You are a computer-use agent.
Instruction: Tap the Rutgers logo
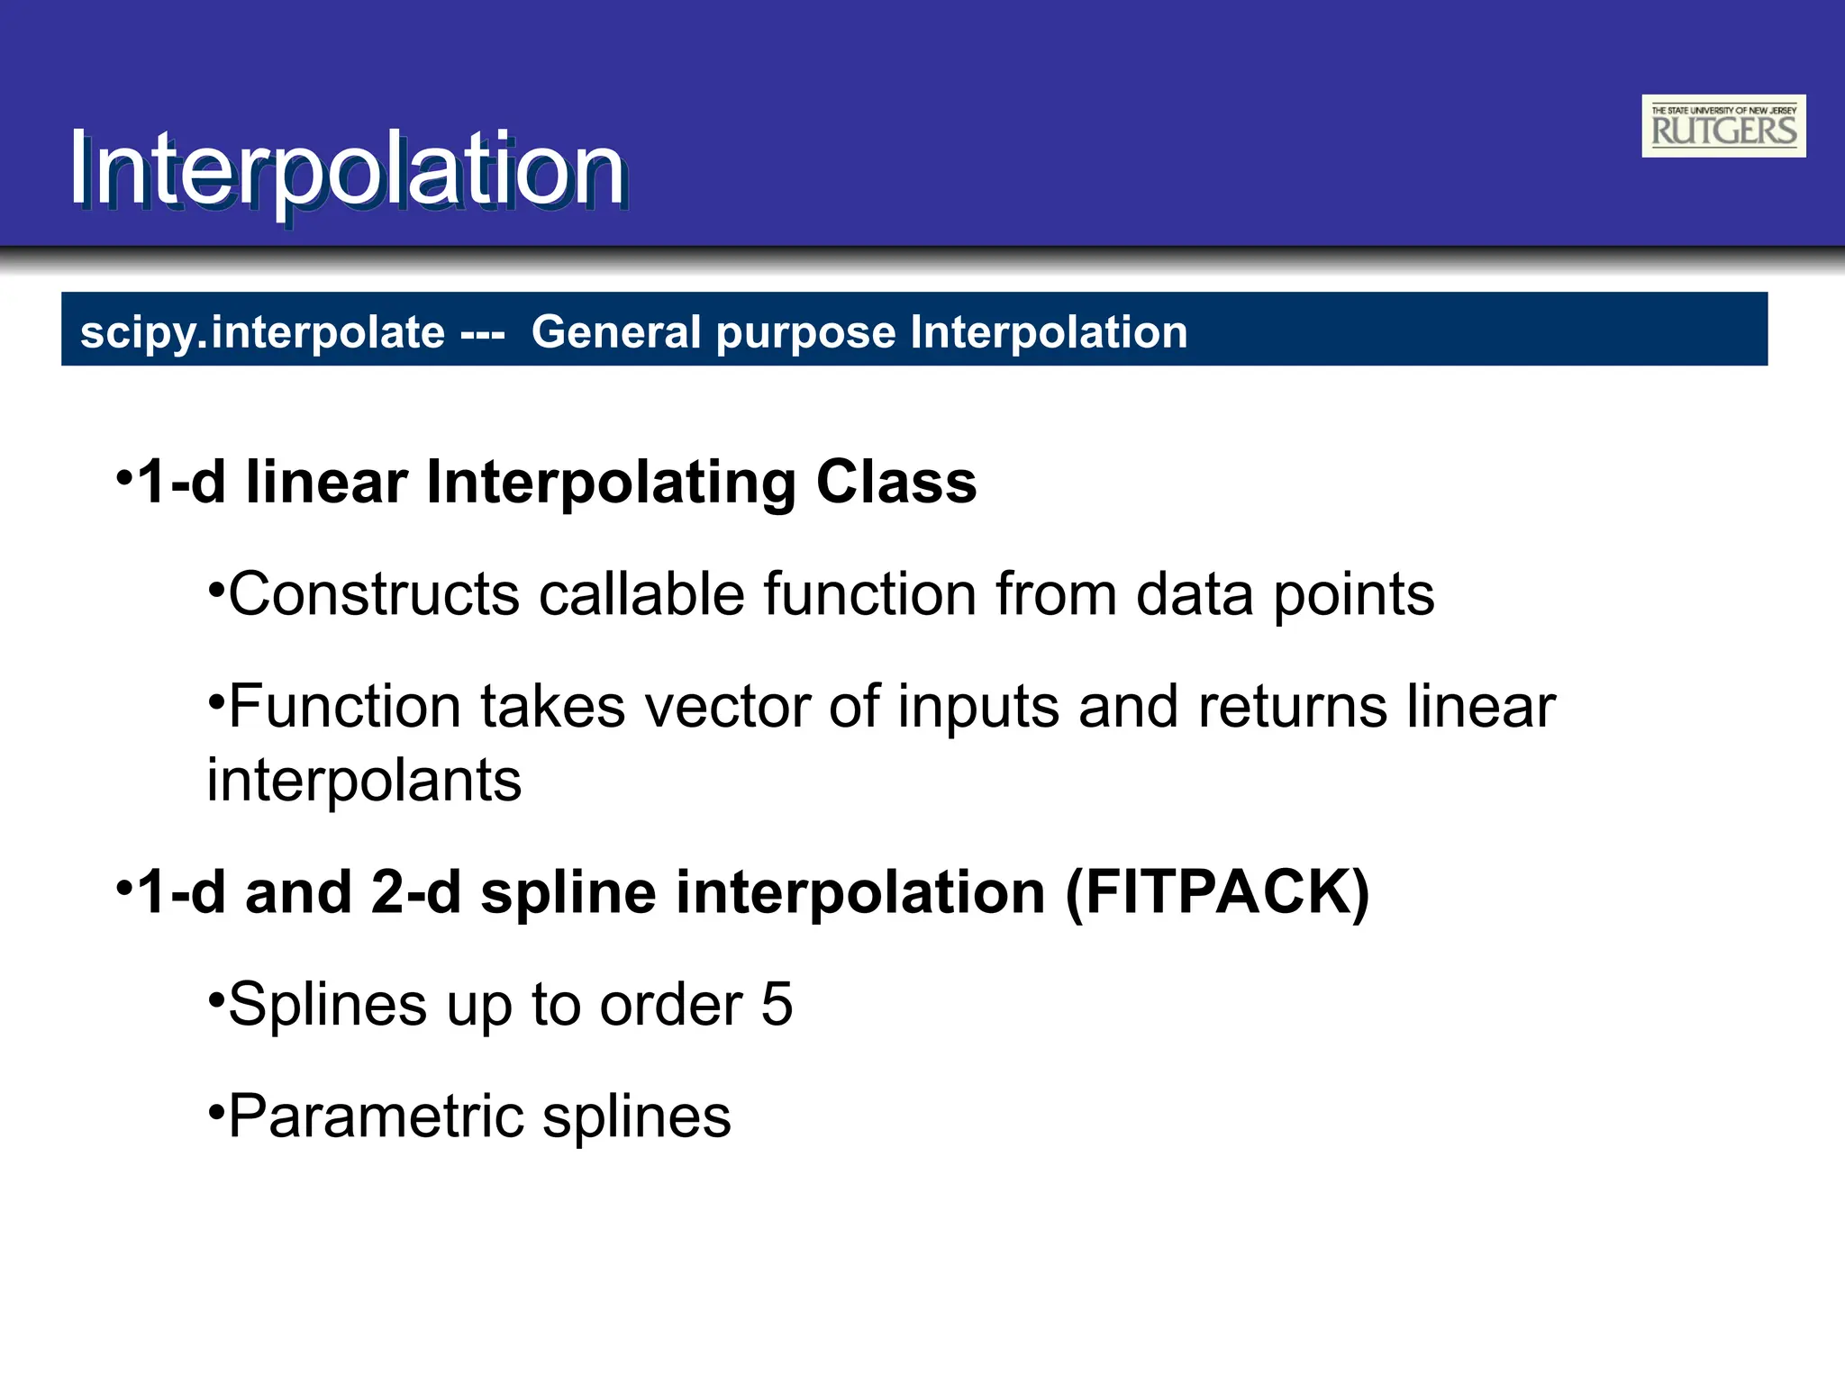(1722, 126)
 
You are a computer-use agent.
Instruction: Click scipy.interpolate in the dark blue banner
(262, 332)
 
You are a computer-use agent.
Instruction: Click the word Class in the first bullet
(895, 482)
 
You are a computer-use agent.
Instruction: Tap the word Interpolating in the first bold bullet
(611, 484)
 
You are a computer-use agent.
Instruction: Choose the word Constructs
(374, 595)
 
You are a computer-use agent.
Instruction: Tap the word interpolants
(364, 781)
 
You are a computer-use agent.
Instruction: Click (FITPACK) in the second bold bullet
(1217, 893)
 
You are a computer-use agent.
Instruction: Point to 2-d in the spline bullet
(415, 893)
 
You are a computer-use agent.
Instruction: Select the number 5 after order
(777, 1005)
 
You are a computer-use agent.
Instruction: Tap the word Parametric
(376, 1117)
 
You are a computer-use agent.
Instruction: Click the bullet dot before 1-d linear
(124, 476)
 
